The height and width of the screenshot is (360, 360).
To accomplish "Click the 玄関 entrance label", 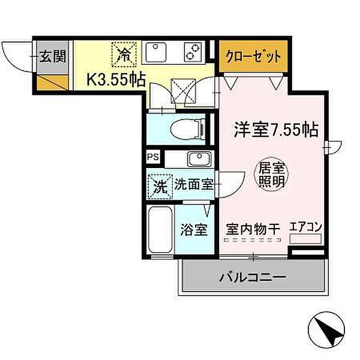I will coord(53,57).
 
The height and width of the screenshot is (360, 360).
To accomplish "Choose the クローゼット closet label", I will coord(253,57).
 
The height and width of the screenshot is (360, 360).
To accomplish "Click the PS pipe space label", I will coord(154,157).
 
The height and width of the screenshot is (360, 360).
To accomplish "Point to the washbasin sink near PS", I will coord(196,159).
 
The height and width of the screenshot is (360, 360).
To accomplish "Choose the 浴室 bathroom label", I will coord(194,230).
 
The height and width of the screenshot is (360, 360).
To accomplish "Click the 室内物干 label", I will coord(253,229).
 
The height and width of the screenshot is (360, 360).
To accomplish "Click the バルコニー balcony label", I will coord(252,278).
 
